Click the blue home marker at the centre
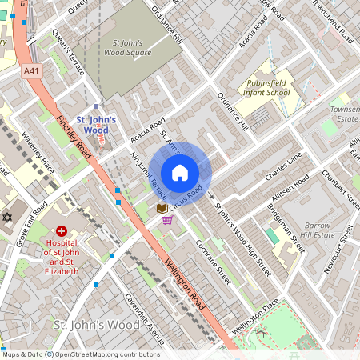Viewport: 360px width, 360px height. coord(180,171)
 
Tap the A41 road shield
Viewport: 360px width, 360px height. coord(31,71)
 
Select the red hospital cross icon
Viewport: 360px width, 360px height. coord(61,230)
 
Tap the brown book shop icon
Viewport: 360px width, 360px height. coord(162,207)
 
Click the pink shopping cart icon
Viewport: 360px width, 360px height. coord(167,220)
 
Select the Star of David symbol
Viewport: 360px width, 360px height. coord(8,218)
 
